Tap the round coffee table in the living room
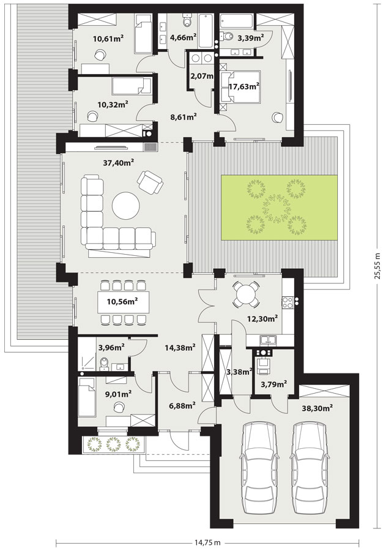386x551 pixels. pyautogui.click(x=126, y=205)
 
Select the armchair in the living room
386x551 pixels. pyautogui.click(x=150, y=182)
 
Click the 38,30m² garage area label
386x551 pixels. pyautogui.click(x=317, y=408)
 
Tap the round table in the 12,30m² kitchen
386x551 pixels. pyautogui.click(x=247, y=294)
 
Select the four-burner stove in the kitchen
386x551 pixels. pyautogui.click(x=288, y=301)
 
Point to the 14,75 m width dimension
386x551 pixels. pyautogui.click(x=208, y=543)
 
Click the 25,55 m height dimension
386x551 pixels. pyautogui.click(x=377, y=266)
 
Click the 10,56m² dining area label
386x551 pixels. pyautogui.click(x=122, y=301)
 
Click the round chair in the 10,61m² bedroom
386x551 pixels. pyautogui.click(x=100, y=54)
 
